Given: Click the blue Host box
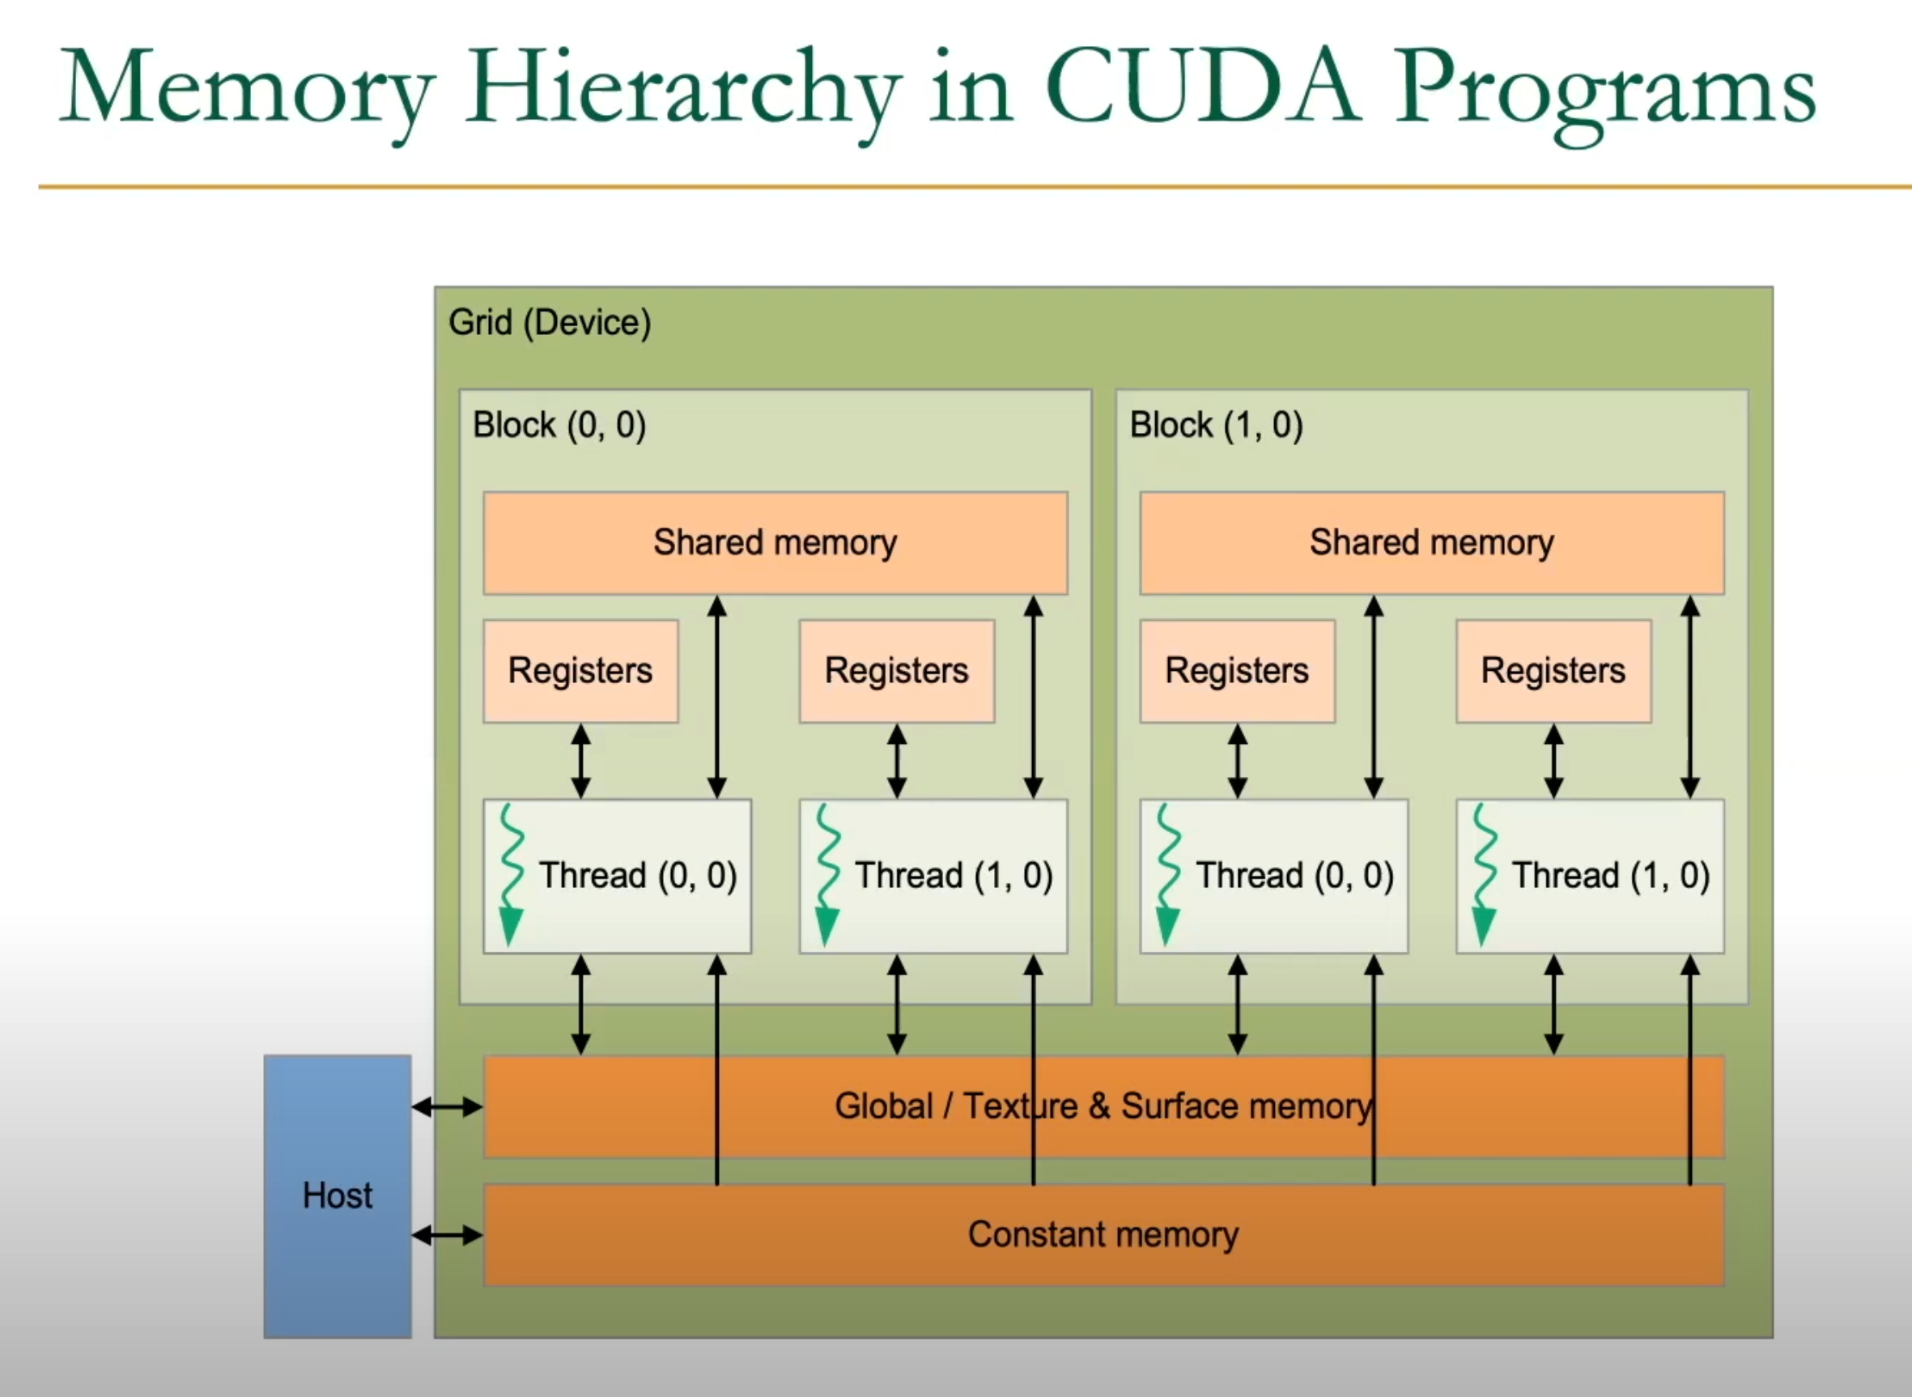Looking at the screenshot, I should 338,1195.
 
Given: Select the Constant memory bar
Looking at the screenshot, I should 1103,1235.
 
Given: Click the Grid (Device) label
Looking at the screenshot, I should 550,323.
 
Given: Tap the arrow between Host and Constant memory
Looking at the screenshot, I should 448,1235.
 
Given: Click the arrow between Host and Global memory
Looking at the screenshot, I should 448,1106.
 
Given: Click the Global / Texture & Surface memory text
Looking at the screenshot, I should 1103,1106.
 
